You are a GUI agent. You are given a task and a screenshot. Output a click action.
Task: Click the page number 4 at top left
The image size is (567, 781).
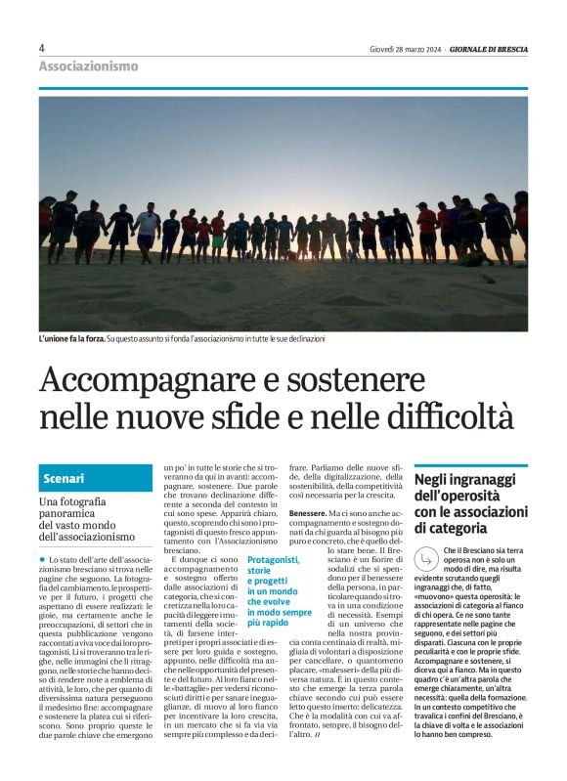coord(42,48)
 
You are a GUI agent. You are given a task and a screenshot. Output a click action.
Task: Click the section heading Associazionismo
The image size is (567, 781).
coord(88,66)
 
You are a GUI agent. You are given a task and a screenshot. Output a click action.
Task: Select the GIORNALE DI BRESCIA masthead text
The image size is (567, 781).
coord(488,49)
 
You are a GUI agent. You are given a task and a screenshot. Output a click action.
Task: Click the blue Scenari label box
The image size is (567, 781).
coord(96,479)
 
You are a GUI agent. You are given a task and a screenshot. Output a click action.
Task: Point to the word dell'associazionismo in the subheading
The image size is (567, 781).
coord(87,537)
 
